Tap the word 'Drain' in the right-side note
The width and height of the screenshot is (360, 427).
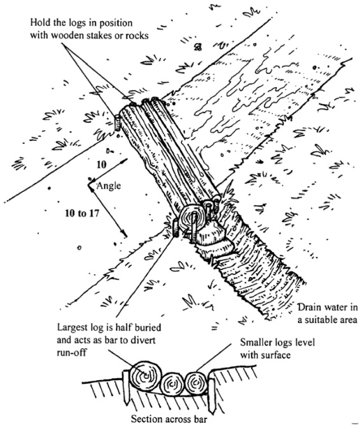tap(310, 307)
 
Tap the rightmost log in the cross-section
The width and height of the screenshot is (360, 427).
tap(195, 383)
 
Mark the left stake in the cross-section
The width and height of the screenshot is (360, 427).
tap(126, 387)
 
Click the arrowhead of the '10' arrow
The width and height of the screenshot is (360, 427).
tap(126, 160)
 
